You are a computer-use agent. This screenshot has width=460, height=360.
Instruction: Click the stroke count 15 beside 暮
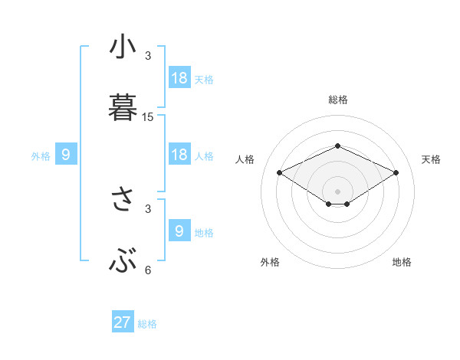(148, 117)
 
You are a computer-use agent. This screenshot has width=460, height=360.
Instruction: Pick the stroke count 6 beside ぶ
(148, 270)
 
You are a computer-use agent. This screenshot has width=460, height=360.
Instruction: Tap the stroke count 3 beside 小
(148, 56)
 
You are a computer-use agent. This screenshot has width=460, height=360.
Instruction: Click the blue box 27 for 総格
(123, 322)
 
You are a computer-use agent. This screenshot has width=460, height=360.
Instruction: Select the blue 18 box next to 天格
(179, 78)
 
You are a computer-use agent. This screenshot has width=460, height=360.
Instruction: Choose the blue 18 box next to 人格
(179, 155)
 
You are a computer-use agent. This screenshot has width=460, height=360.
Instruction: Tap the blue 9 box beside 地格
(179, 231)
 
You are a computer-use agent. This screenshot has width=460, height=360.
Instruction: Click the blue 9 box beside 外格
(66, 155)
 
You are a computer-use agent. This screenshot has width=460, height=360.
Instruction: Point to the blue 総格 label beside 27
(147, 324)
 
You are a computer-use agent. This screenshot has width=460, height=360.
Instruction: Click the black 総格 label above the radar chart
(337, 100)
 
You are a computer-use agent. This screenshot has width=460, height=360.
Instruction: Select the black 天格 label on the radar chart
(432, 159)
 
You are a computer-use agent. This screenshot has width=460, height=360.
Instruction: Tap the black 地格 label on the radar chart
(402, 262)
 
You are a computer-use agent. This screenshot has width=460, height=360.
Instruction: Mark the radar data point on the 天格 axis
(396, 173)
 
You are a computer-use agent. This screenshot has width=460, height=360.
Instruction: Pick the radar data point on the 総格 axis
(337, 146)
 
